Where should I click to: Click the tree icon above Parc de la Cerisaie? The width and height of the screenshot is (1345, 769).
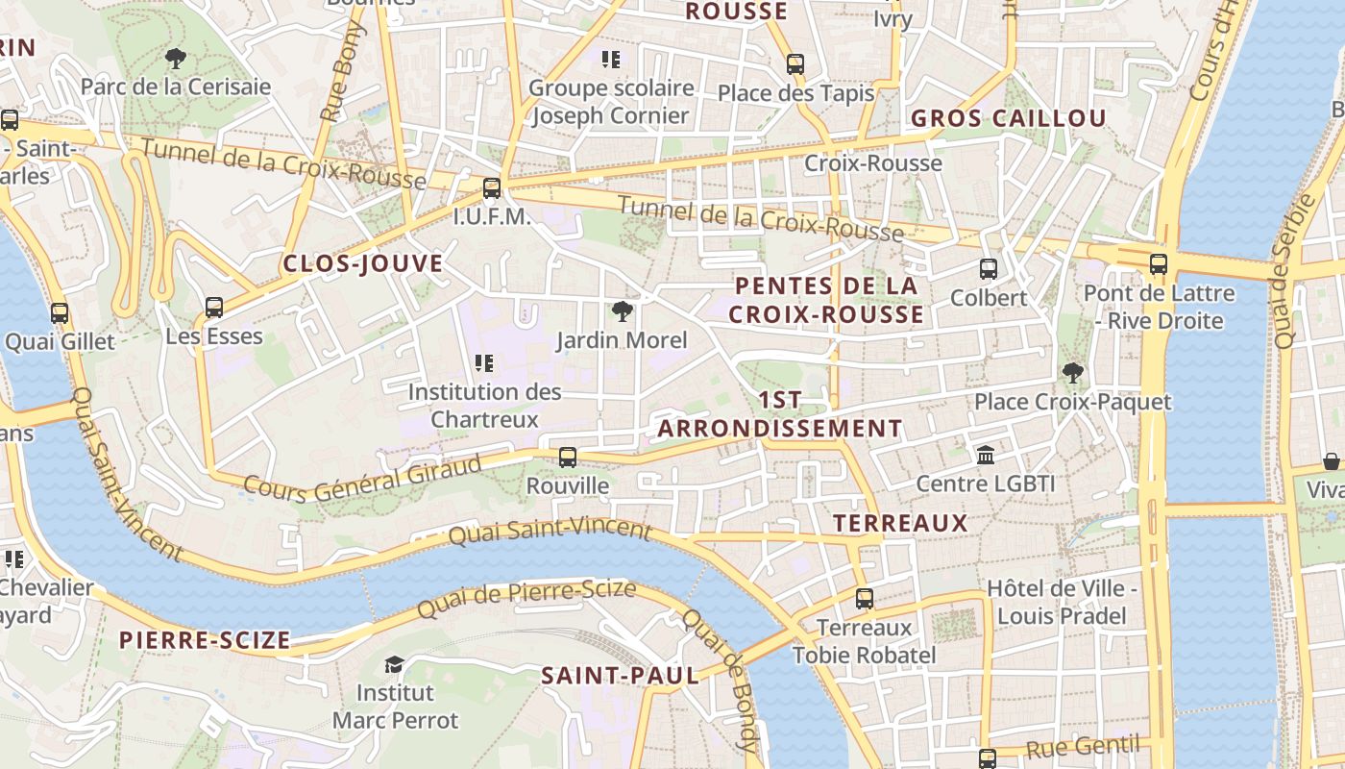(x=175, y=59)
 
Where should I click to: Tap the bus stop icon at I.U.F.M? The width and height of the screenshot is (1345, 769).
(x=492, y=187)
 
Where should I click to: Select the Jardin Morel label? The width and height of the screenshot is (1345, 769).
(x=623, y=340)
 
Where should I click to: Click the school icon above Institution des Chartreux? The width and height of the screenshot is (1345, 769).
(x=484, y=363)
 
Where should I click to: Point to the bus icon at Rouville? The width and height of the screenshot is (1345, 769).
(x=568, y=458)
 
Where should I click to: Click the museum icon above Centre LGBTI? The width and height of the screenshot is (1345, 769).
(x=986, y=455)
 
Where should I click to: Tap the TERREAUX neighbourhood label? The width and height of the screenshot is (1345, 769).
(x=900, y=523)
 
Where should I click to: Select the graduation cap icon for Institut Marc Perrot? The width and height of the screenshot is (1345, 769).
(x=394, y=664)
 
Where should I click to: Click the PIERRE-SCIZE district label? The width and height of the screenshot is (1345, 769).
(x=205, y=640)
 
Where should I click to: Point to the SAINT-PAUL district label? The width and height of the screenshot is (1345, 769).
(x=620, y=676)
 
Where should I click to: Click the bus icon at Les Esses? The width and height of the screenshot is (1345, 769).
(x=213, y=308)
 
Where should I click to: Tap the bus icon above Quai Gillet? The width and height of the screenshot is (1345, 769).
(x=60, y=312)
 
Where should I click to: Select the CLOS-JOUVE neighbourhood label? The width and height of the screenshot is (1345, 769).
(x=362, y=263)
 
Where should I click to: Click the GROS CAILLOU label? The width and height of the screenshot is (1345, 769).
(x=1009, y=118)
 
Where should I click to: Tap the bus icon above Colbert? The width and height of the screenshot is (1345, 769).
(x=988, y=268)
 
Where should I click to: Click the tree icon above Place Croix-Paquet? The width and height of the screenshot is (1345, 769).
(x=1072, y=373)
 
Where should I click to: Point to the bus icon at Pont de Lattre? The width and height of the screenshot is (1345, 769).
(x=1159, y=263)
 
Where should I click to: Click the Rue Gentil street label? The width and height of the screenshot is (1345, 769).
(x=1083, y=747)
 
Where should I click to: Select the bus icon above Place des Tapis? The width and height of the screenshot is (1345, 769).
(x=795, y=64)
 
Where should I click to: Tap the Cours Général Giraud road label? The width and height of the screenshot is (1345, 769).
(x=361, y=478)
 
